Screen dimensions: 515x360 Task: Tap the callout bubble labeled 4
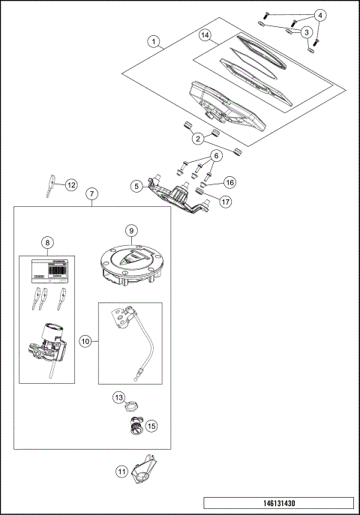[320, 15]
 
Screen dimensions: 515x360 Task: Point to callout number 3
[307, 32]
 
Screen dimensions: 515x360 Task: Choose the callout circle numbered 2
[197, 138]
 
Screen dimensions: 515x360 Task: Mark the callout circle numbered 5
[136, 184]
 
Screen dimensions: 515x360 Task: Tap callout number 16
[229, 181]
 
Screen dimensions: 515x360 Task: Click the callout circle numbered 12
[71, 184]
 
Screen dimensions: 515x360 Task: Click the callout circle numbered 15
[151, 425]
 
